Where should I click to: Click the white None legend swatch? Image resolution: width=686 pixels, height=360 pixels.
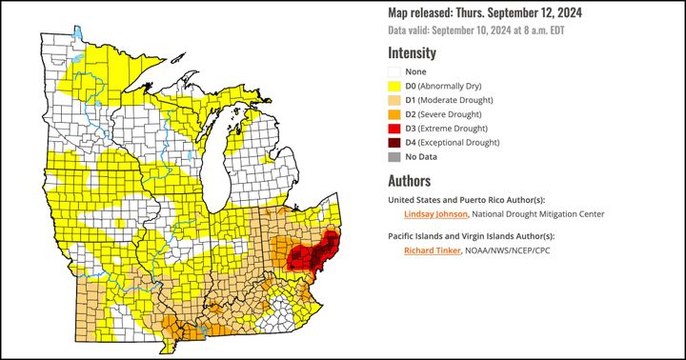pos(394,71)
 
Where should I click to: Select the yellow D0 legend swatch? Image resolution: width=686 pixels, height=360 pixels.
pos(394,86)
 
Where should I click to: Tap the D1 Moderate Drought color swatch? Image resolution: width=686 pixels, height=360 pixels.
pos(394,100)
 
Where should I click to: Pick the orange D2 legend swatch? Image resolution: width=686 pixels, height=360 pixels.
pos(394,114)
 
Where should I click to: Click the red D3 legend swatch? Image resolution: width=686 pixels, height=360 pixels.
pos(394,129)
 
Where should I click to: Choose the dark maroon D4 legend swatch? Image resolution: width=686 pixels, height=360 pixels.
pos(394,143)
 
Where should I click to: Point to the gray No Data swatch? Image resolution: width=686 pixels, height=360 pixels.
pos(394,157)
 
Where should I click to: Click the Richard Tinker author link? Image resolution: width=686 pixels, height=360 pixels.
pos(431,250)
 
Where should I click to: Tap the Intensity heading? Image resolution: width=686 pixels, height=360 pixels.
pos(412,53)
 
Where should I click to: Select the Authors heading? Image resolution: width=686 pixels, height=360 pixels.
pos(409,181)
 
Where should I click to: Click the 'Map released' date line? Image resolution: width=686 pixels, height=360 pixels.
pos(485,12)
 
